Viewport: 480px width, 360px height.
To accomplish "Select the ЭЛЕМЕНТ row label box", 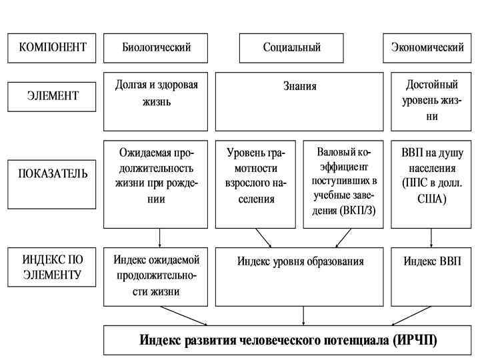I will (52, 96).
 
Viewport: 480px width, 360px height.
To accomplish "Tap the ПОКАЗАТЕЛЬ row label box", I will (52, 175).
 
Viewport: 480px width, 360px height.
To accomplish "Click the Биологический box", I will (156, 47).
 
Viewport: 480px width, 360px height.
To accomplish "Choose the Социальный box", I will (291, 47).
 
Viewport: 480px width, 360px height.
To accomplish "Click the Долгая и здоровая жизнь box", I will (156, 101).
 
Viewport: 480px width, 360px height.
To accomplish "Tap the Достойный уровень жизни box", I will (431, 101).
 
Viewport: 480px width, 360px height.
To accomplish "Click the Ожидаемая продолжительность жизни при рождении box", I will (156, 183).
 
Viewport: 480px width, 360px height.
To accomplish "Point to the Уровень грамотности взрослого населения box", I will (256, 183).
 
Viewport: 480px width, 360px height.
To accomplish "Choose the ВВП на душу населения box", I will (431, 183).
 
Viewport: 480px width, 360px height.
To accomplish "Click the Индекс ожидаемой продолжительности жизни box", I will (156, 276).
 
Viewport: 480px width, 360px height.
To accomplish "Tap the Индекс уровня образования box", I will (300, 276).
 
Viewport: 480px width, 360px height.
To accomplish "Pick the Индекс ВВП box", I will (431, 276).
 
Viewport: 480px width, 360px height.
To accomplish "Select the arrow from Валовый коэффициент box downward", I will (343, 238).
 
